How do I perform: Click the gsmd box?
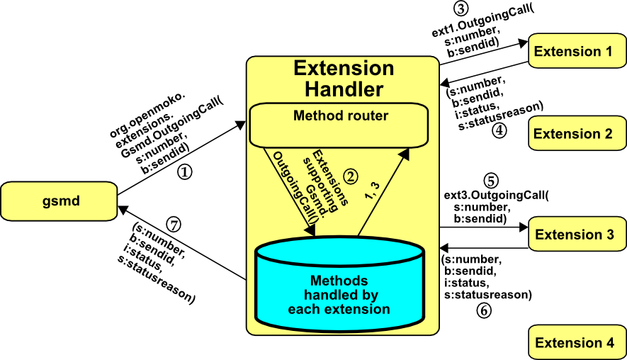point(59,201)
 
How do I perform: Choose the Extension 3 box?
point(574,235)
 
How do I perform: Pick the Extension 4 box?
point(574,343)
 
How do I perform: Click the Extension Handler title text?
point(344,79)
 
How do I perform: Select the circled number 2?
point(349,174)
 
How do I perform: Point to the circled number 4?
point(499,130)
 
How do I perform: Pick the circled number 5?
point(489,180)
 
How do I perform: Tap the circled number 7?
point(174,225)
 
